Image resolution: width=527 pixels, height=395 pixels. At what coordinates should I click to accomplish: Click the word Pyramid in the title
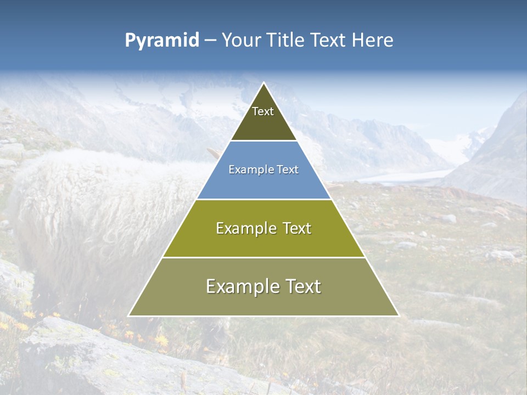162,41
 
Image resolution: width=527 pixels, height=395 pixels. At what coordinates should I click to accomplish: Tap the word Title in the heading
288,40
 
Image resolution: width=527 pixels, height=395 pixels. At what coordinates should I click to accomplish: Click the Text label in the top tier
263,111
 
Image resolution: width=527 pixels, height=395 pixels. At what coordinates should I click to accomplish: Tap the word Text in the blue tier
288,170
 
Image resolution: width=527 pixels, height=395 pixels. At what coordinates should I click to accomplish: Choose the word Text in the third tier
295,228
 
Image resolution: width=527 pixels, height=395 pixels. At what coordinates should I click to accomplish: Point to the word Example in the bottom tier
241,286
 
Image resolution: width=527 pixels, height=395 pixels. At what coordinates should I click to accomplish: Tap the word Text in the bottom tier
301,286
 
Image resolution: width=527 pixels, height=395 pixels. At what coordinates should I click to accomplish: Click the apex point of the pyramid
263,83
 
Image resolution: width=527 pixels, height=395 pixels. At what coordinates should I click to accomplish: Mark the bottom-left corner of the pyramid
128,316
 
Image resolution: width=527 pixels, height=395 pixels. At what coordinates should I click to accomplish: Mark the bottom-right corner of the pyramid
399,316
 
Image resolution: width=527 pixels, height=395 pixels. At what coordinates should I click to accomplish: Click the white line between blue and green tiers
263,199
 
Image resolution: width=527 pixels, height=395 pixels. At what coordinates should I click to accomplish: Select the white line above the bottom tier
263,257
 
